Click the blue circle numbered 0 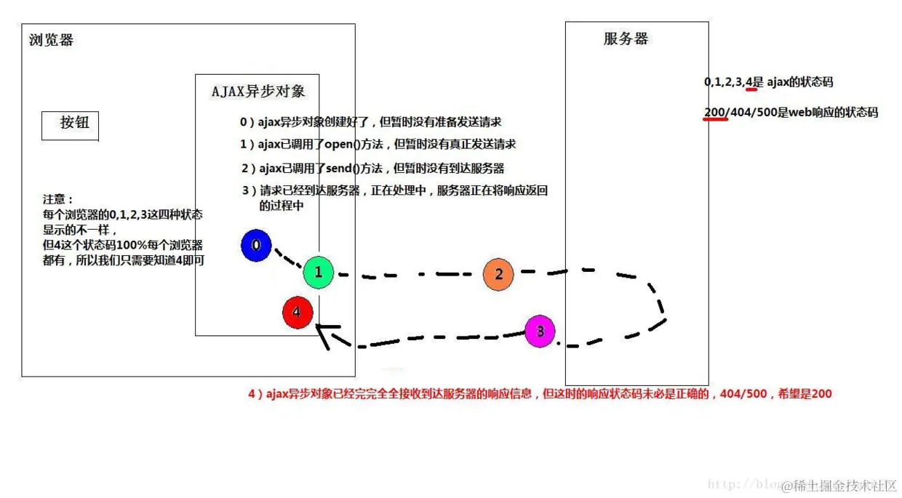(x=256, y=246)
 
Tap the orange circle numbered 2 (x=498, y=274)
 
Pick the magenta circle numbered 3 (x=540, y=332)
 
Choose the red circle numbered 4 (x=297, y=313)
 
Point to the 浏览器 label (x=51, y=40)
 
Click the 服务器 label (x=626, y=39)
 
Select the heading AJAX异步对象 (x=258, y=91)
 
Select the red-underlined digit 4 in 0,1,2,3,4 (x=749, y=82)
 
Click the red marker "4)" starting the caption (x=254, y=394)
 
